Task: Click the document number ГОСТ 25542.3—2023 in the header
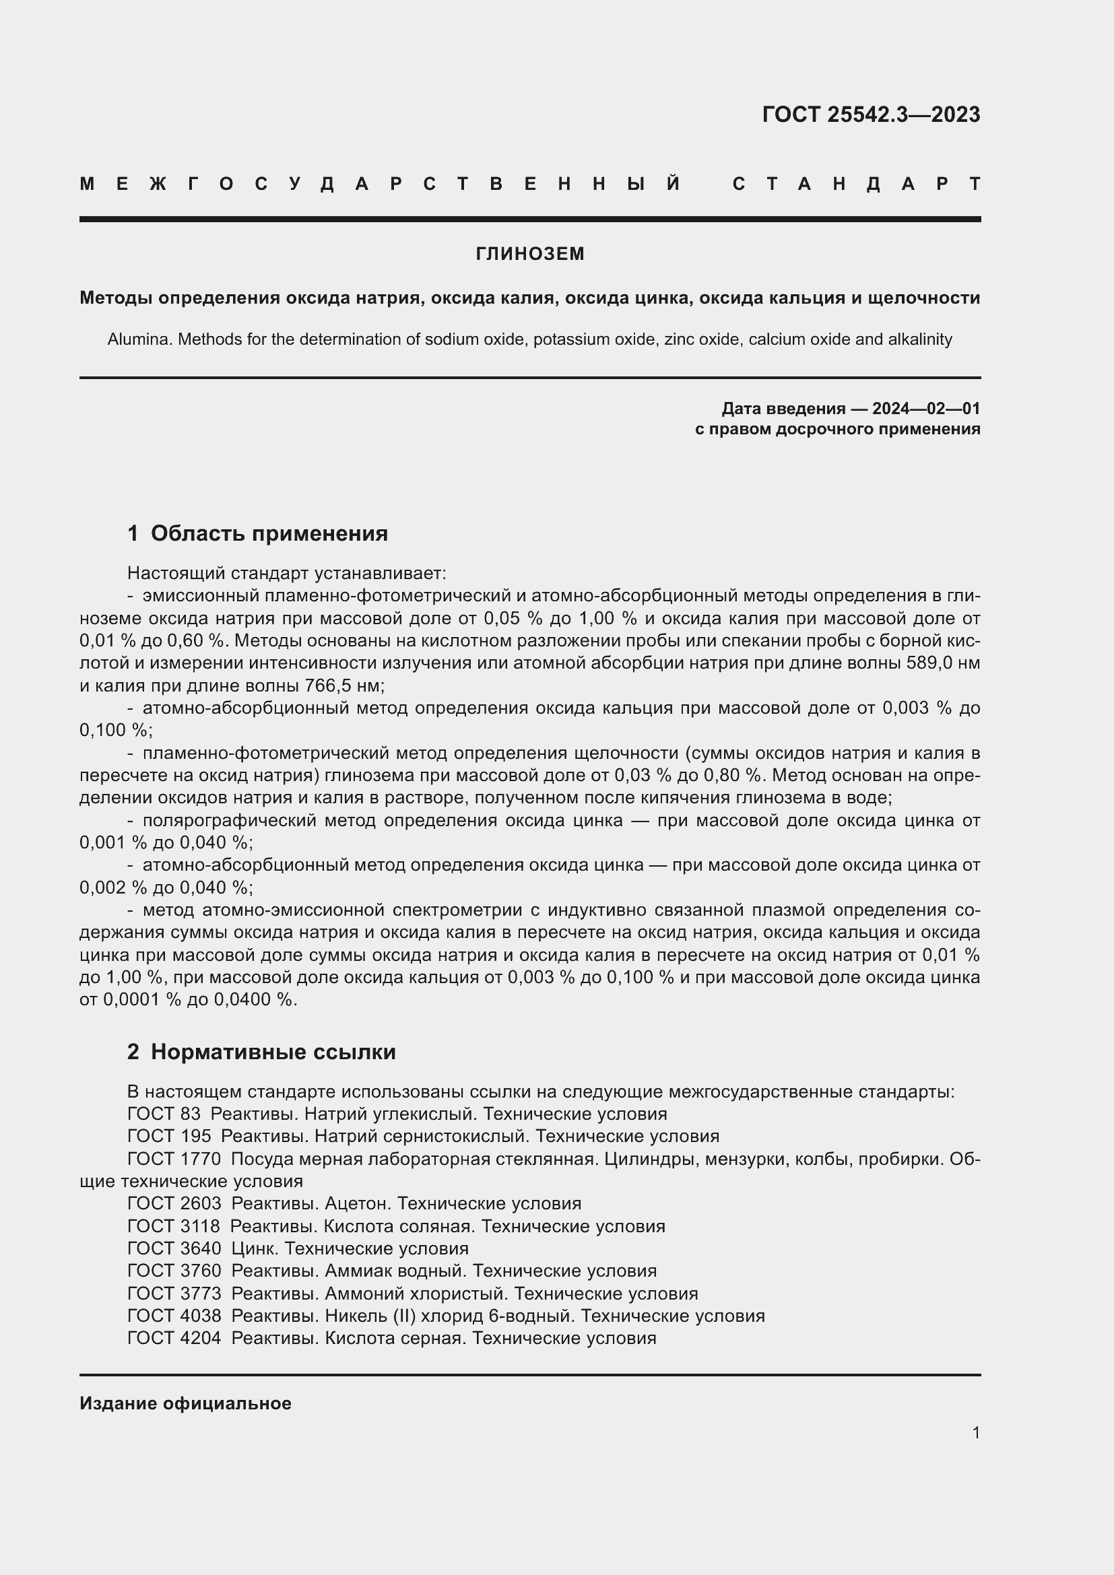tap(870, 114)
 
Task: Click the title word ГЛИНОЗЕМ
tap(529, 254)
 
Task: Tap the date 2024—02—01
tap(925, 409)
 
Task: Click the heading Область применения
tap(269, 533)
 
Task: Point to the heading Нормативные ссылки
tap(273, 1052)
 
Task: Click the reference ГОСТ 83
tap(164, 1113)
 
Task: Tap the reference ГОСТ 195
tap(170, 1136)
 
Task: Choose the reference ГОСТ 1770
tap(174, 1159)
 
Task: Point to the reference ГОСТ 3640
tap(174, 1248)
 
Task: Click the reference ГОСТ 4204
tap(174, 1338)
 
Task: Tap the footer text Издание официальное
tap(185, 1403)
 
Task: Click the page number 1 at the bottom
tap(975, 1432)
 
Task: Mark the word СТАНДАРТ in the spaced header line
tap(855, 184)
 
